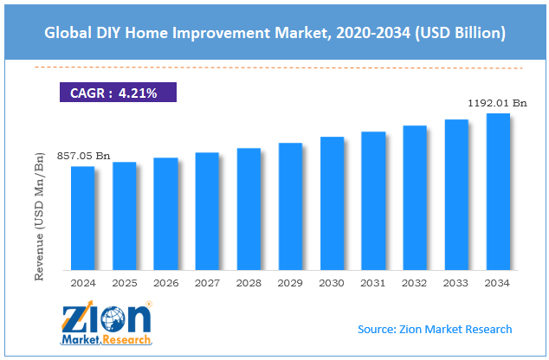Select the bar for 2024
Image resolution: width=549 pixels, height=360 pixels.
click(x=83, y=218)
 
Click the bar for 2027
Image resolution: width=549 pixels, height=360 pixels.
click(x=207, y=211)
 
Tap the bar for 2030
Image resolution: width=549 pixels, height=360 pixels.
click(x=332, y=203)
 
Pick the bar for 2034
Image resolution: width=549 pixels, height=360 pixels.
click(x=498, y=192)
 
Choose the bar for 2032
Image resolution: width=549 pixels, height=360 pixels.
click(x=415, y=197)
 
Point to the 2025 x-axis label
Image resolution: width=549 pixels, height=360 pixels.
click(x=125, y=283)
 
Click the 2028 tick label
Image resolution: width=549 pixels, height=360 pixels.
click(x=249, y=283)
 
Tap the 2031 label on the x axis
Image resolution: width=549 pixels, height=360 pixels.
click(x=373, y=283)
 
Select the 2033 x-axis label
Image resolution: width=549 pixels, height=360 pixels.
click(x=455, y=283)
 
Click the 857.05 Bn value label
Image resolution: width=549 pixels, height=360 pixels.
click(x=83, y=156)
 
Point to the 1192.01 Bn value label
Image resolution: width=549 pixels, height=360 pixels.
click(x=497, y=103)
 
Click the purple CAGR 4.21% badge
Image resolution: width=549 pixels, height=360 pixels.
click(x=118, y=93)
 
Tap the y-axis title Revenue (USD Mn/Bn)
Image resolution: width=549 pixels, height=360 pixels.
click(x=39, y=216)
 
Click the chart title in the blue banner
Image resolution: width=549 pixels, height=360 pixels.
click(x=274, y=33)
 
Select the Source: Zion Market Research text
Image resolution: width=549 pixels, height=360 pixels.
click(x=435, y=329)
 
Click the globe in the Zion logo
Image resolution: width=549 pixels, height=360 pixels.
click(x=113, y=318)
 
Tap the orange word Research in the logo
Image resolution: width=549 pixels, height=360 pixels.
click(x=126, y=339)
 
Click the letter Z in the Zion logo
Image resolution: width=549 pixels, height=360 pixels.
click(x=74, y=318)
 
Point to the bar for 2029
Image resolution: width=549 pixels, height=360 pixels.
click(x=290, y=207)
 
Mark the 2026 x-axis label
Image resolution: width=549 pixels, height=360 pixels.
click(x=166, y=283)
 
